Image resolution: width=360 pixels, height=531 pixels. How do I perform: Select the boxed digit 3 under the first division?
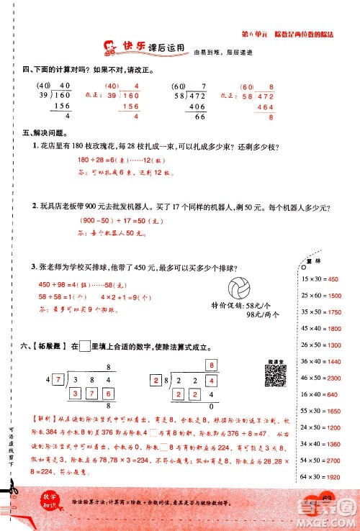[x=75, y=394]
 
